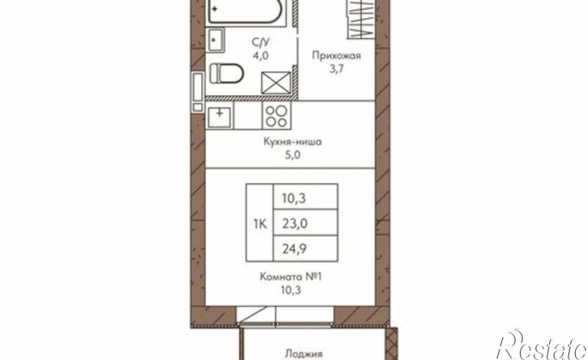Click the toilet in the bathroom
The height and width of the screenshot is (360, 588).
(226, 73)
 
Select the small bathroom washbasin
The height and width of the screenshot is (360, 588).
(215, 40)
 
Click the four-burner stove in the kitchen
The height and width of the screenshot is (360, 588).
(277, 116)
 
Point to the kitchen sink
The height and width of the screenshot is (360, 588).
(219, 116)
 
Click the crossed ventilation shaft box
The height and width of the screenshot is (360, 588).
(276, 83)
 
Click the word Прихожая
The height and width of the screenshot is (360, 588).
(337, 56)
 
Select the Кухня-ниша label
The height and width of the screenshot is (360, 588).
(293, 142)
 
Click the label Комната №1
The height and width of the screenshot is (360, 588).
(291, 277)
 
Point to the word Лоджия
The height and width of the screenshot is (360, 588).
(304, 354)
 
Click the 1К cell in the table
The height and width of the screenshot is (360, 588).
(260, 224)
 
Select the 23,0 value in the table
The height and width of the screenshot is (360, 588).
(294, 224)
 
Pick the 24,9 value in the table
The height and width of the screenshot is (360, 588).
(294, 249)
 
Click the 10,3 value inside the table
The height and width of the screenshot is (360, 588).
(294, 198)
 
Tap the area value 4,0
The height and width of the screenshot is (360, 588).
(260, 56)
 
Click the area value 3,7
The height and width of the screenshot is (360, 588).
(337, 69)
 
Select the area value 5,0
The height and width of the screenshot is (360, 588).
(293, 155)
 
